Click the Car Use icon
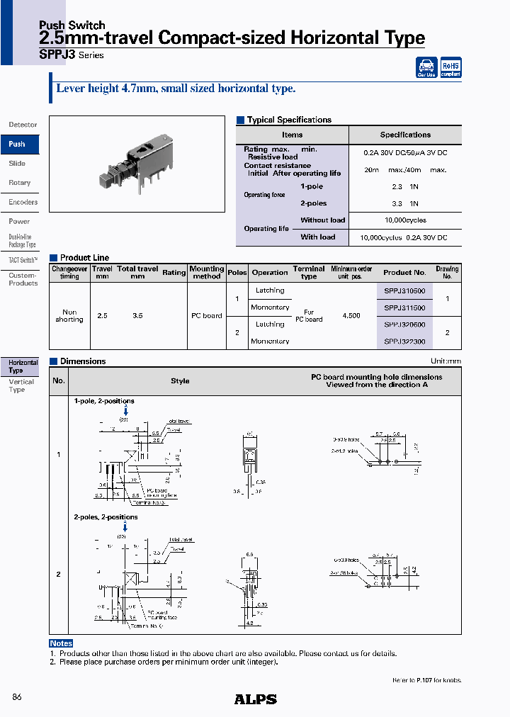(426, 67)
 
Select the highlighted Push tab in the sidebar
(18, 144)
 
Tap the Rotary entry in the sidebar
(20, 183)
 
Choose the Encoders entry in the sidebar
(23, 202)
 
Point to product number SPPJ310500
(404, 290)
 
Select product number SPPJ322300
(404, 341)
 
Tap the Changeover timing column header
(69, 272)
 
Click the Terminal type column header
(309, 272)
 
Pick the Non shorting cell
(69, 316)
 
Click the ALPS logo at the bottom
(255, 699)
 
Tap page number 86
(17, 698)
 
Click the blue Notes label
(61, 643)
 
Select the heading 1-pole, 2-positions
(104, 401)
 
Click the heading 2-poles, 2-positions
(106, 517)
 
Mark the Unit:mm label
(446, 361)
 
